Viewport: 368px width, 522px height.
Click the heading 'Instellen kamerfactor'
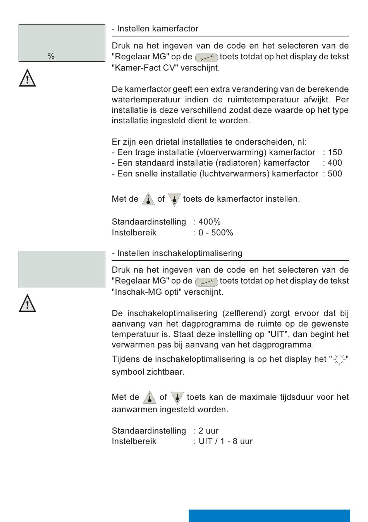157,29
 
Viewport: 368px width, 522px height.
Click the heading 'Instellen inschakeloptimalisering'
179,253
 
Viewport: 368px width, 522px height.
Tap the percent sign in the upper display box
51,57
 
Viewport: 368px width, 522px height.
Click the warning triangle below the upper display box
28,78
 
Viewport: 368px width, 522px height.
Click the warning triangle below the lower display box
28,303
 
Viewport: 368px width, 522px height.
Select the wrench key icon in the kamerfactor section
206,58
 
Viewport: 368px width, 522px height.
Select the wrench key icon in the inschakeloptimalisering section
206,282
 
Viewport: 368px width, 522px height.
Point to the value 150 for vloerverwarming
335,152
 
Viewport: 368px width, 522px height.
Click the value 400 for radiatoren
335,163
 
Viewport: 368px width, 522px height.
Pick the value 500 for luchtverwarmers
335,174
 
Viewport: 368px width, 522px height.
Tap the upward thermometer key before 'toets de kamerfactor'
148,199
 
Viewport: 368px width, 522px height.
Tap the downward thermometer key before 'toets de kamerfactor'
174,199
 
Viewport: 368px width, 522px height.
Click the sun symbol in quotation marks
339,360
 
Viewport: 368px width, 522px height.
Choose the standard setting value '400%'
209,222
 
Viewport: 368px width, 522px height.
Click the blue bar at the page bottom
269,515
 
